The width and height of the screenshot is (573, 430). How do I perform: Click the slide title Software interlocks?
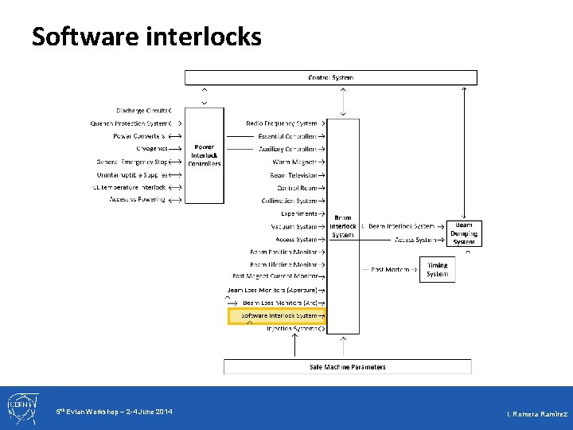coord(146,36)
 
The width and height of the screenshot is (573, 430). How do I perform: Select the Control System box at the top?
coord(331,77)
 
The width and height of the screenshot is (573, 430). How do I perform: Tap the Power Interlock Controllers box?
coord(205,155)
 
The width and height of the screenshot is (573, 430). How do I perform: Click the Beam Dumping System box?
coord(464,233)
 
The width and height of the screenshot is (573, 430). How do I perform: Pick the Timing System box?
coord(437,270)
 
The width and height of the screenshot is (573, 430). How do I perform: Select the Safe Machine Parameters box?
coord(347,367)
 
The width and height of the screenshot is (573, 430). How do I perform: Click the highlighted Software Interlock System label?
coord(279,315)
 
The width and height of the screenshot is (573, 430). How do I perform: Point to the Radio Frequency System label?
coord(282,123)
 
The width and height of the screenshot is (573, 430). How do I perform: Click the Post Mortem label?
coord(390,270)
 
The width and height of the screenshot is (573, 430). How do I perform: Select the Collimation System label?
coord(290,201)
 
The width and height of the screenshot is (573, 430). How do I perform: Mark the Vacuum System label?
coord(294,226)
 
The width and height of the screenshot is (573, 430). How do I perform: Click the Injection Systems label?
coord(292,328)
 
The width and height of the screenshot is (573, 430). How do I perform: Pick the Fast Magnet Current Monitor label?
coord(275,276)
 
